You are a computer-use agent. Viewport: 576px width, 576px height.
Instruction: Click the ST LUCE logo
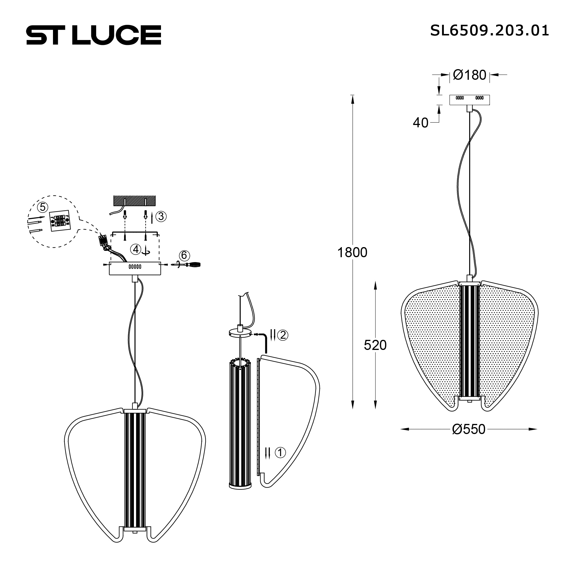pyautogui.click(x=94, y=35)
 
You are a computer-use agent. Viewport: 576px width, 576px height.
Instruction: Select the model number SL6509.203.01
pyautogui.click(x=489, y=31)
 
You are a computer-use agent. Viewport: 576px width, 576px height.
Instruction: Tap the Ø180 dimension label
pyautogui.click(x=469, y=75)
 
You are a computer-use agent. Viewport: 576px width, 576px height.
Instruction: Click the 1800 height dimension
pyautogui.click(x=352, y=253)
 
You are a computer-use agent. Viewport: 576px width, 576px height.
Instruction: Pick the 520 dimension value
pyautogui.click(x=375, y=345)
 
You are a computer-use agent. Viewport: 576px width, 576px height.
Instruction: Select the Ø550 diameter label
pyautogui.click(x=469, y=429)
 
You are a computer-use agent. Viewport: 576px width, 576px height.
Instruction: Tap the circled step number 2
pyautogui.click(x=283, y=335)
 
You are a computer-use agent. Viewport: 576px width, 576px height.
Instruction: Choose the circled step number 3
pyautogui.click(x=161, y=217)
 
